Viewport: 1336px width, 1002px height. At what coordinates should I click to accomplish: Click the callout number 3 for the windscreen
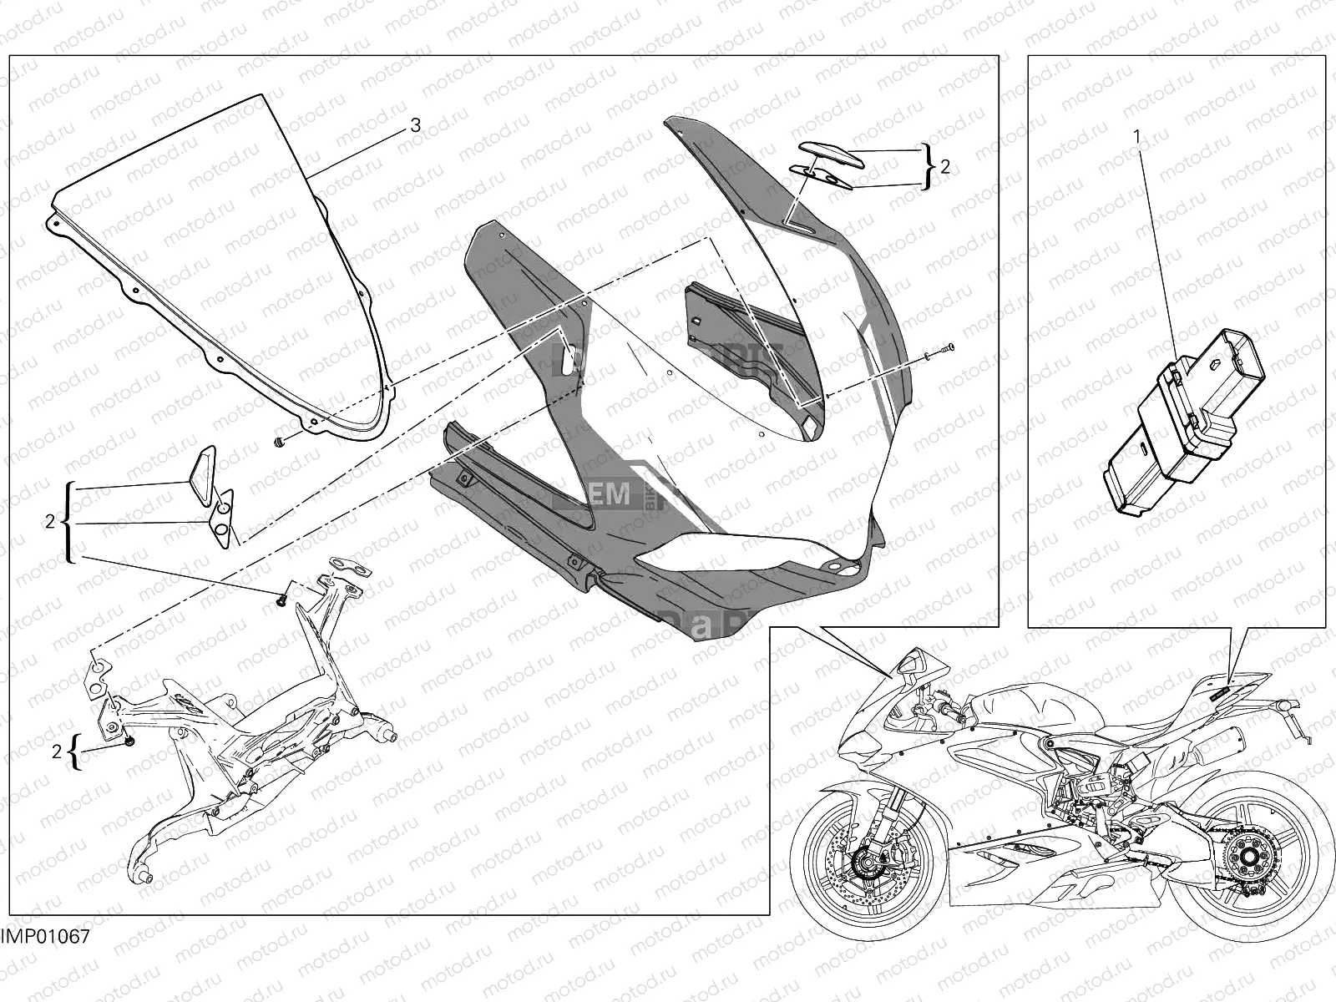click(x=415, y=125)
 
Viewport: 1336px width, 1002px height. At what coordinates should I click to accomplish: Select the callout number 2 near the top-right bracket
click(x=944, y=166)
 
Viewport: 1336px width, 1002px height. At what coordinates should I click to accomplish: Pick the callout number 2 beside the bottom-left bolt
click(x=57, y=751)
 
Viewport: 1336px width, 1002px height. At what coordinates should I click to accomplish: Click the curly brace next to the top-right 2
click(x=929, y=166)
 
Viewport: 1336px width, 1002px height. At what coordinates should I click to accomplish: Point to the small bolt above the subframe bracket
click(x=283, y=598)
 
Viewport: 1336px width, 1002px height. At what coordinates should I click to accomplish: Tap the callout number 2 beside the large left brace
click(x=50, y=521)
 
